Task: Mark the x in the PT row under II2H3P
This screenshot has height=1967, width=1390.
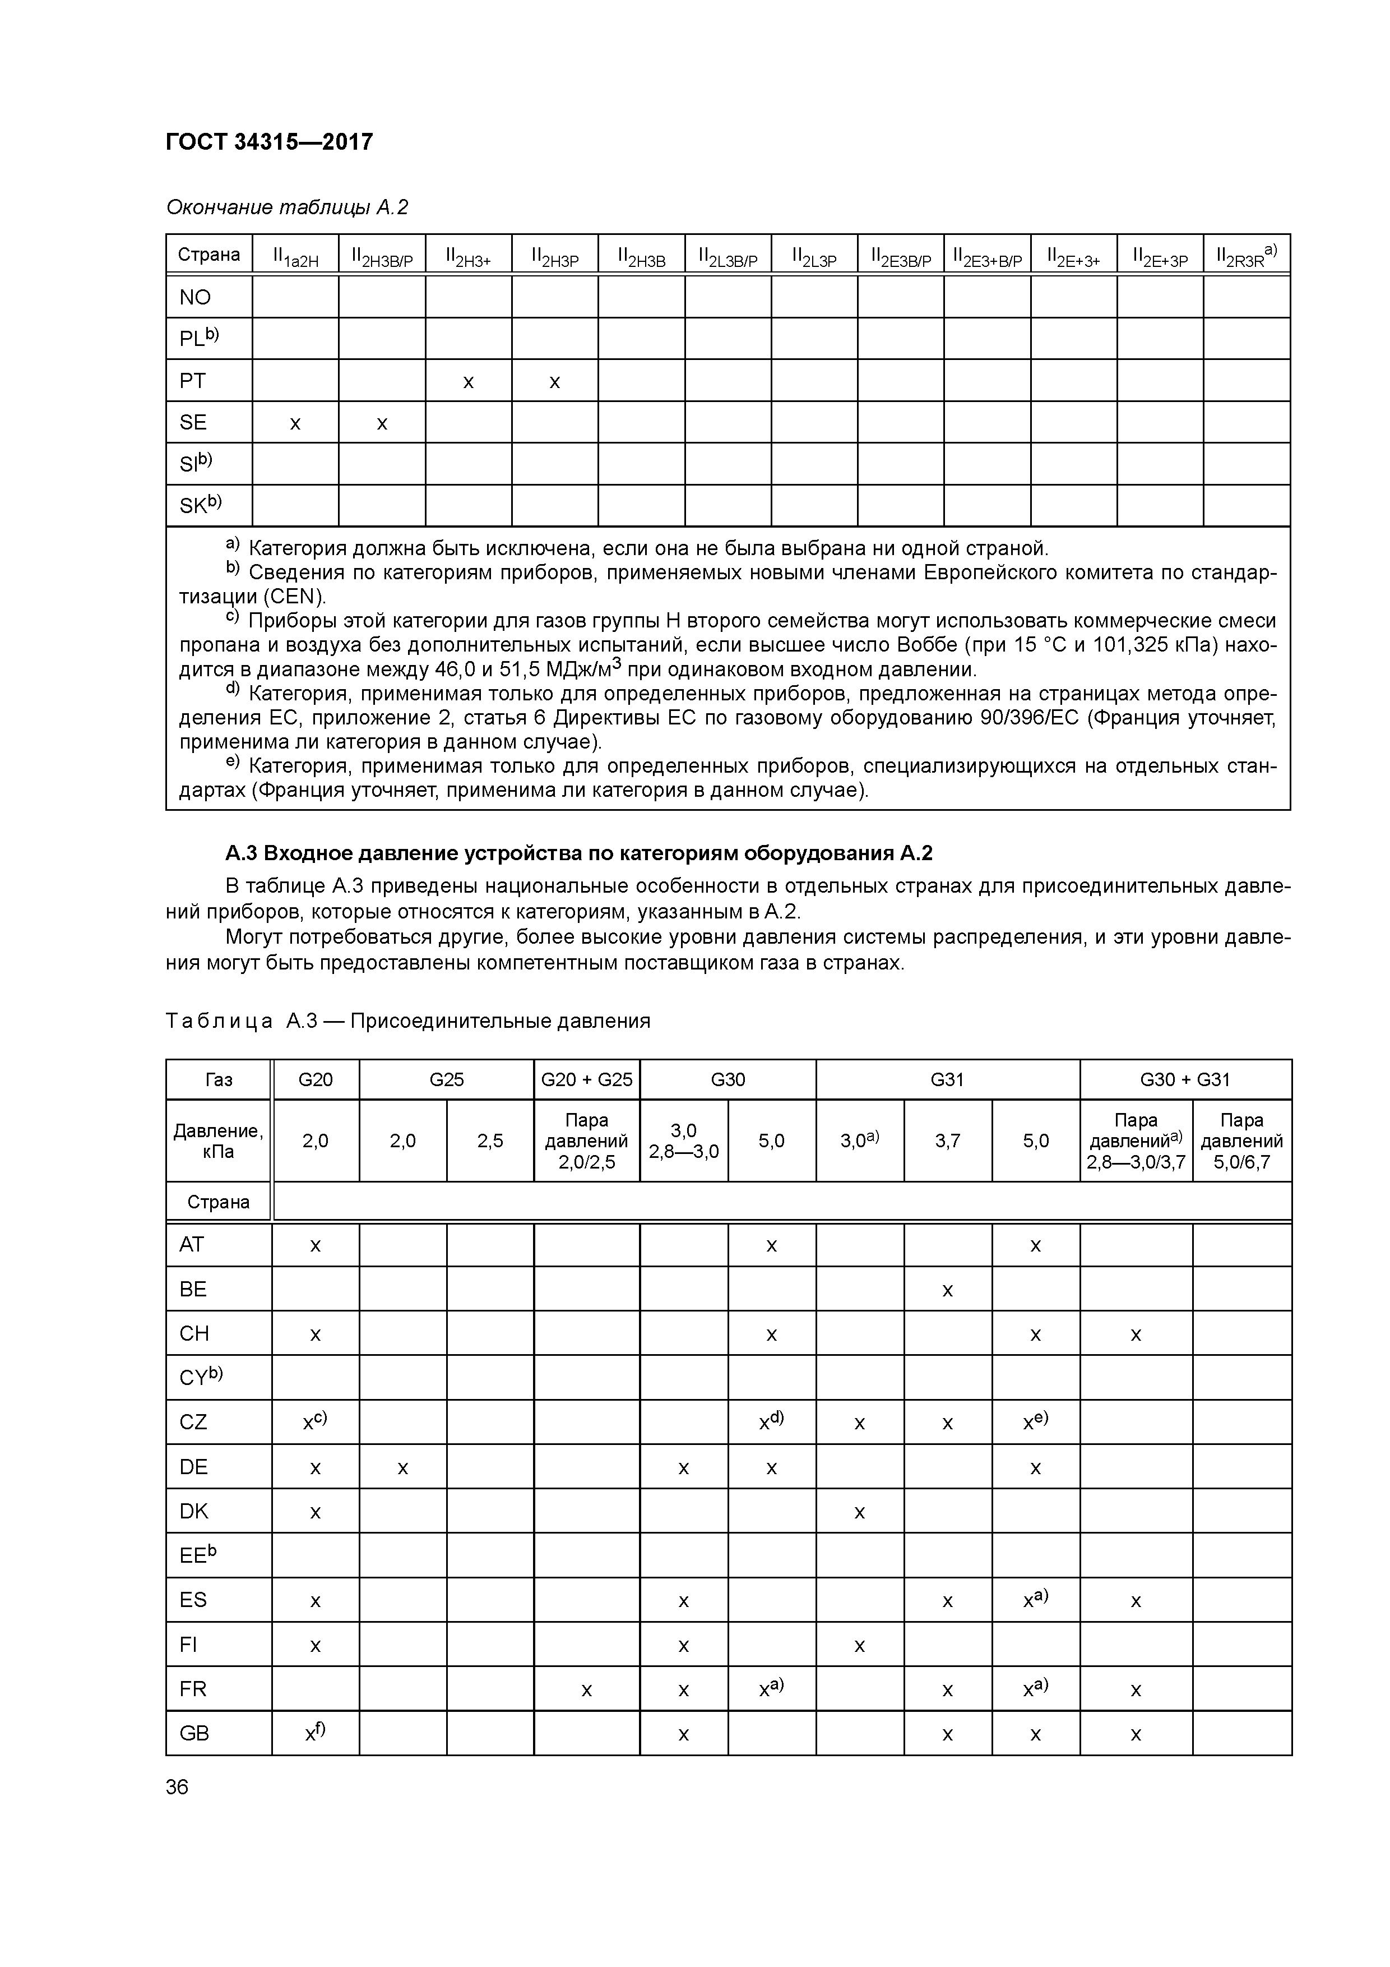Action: tap(554, 381)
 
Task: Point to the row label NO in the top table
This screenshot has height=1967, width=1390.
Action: tap(194, 297)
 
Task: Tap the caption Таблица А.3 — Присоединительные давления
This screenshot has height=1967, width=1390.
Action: tap(407, 1021)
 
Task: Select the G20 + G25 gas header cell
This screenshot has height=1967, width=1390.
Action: tap(587, 1079)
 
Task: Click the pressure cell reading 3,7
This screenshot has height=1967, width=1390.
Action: tap(947, 1141)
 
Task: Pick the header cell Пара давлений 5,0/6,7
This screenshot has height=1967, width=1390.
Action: tap(1241, 1141)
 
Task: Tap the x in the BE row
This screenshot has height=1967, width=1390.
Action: tap(947, 1289)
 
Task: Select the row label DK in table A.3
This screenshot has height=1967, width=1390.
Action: tap(193, 1511)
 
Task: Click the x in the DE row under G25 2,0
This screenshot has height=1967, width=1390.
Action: tap(402, 1467)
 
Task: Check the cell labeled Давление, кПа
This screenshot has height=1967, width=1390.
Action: tap(219, 1141)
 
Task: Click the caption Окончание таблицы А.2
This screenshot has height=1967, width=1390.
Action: tap(287, 207)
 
